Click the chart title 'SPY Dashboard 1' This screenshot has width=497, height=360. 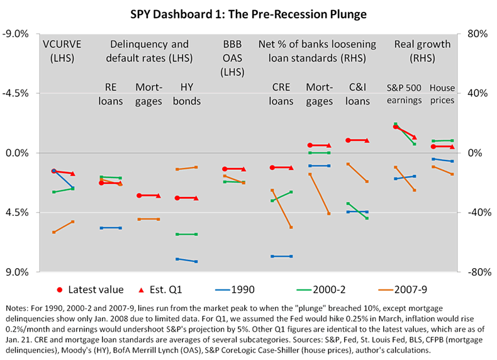[x=248, y=13]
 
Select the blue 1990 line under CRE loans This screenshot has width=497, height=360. [x=281, y=256]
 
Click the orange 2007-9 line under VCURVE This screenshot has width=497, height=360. [x=63, y=227]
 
